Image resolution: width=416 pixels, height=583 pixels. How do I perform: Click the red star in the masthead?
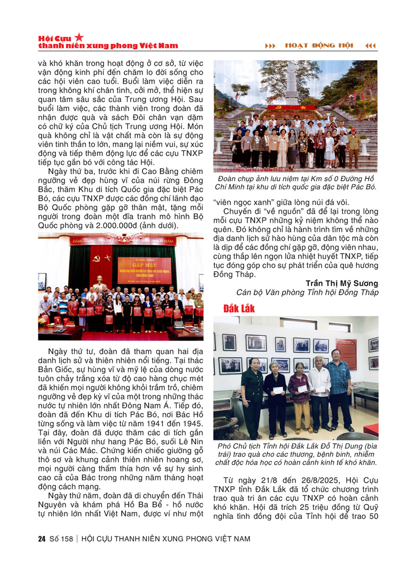click(79, 37)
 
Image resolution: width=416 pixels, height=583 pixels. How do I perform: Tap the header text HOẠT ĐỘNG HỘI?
click(318, 45)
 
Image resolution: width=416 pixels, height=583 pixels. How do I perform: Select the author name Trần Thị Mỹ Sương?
click(342, 282)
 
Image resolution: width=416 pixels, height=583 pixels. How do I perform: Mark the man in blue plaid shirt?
click(339, 392)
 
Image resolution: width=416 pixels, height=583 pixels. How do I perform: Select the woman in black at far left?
click(252, 395)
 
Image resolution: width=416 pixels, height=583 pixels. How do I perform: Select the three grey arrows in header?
click(271, 46)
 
